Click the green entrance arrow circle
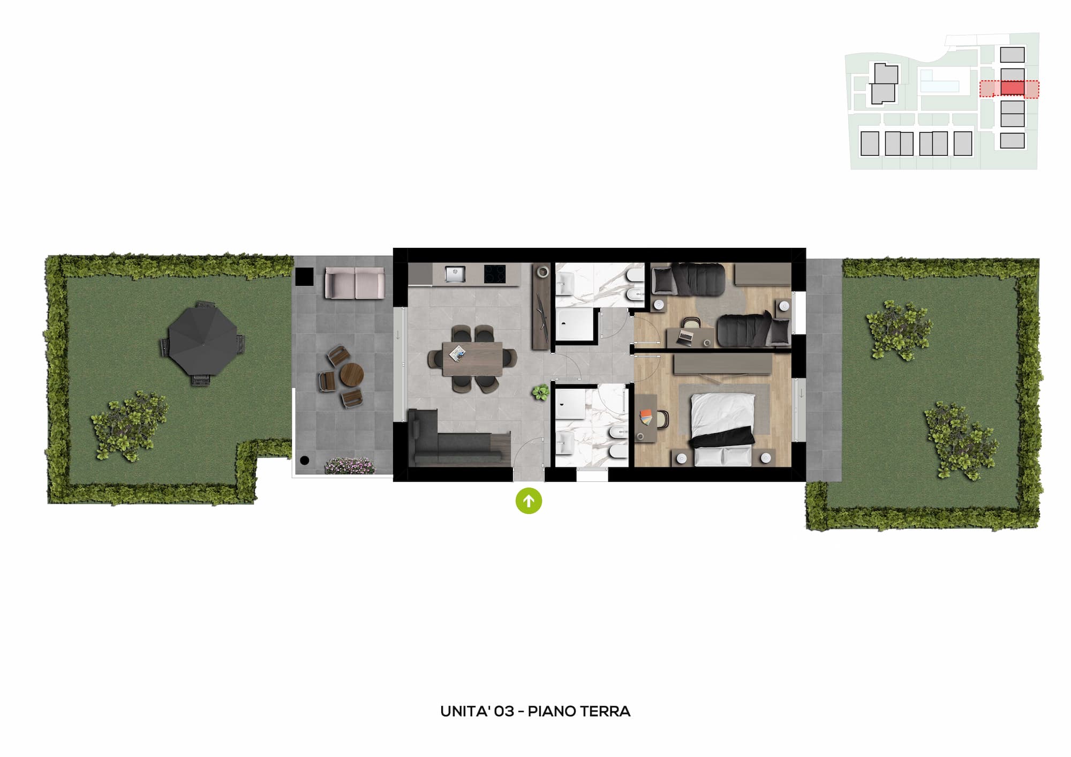[529, 501]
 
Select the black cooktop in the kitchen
[495, 274]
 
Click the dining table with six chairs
[472, 359]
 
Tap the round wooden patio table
[352, 374]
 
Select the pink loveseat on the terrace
[355, 283]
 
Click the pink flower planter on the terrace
[350, 465]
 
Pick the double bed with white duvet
[723, 428]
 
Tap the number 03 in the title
[504, 711]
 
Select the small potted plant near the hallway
[540, 392]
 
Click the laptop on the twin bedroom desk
[685, 336]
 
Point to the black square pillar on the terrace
[305, 276]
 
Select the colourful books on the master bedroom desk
[646, 417]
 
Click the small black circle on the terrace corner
[305, 460]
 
